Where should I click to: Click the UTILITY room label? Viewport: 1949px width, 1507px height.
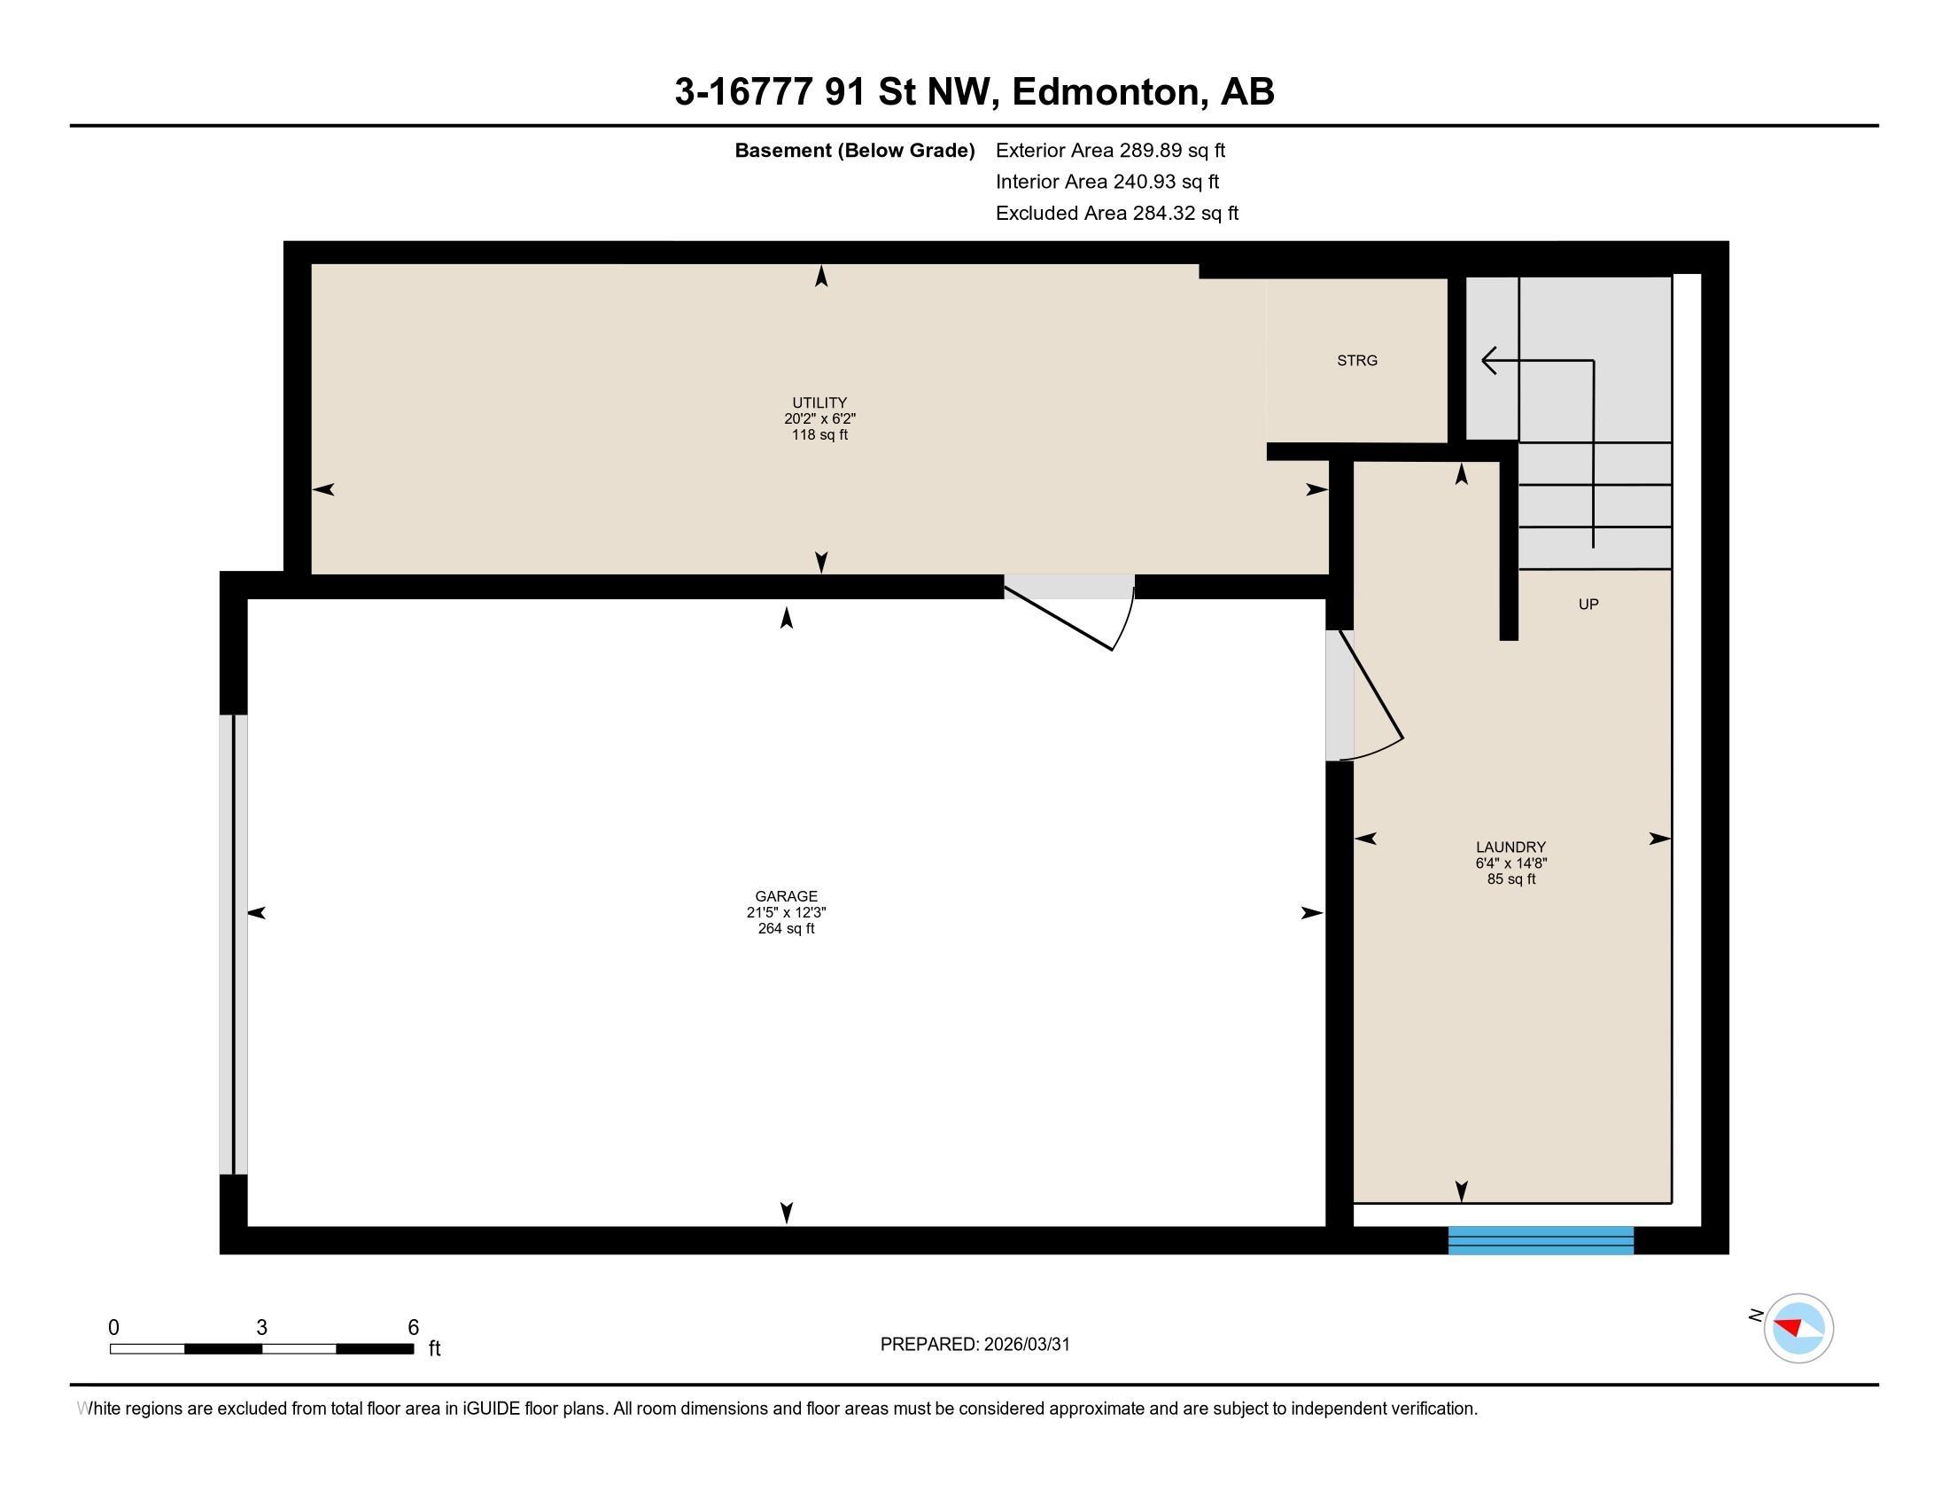coord(819,402)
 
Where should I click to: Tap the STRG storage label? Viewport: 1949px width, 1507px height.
coord(1356,361)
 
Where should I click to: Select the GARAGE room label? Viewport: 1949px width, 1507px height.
coord(785,896)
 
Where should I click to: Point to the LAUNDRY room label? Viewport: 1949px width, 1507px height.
coord(1510,847)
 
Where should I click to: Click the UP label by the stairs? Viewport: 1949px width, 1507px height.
coord(1588,605)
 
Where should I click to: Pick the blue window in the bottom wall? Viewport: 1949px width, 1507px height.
coord(1541,1240)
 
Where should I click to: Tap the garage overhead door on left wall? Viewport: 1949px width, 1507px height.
coord(234,945)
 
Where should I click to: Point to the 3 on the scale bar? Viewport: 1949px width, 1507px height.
coord(261,1328)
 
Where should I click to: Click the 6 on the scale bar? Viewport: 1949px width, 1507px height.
coord(413,1328)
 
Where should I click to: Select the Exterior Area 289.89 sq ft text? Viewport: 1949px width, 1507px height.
coord(1110,151)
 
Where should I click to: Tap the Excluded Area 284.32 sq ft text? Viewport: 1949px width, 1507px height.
coord(1116,214)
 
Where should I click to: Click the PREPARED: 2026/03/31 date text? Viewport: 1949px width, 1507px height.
coord(974,1345)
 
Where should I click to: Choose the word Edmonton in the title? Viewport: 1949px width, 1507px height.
coord(1106,92)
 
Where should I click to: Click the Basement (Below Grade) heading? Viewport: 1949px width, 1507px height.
coord(854,151)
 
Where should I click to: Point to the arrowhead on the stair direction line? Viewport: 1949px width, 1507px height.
coord(1487,361)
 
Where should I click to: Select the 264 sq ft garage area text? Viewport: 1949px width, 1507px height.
coord(785,928)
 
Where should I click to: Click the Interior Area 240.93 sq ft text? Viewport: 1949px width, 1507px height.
coord(1107,182)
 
